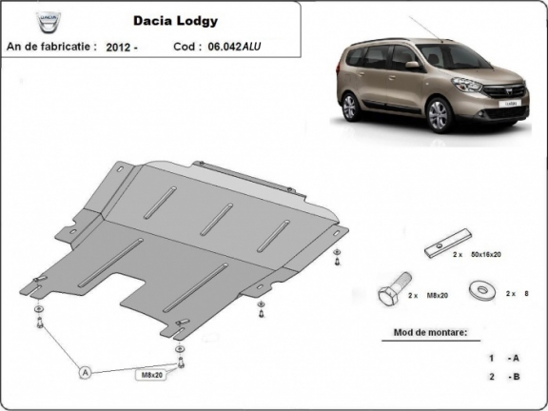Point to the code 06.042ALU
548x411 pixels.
[x=237, y=45]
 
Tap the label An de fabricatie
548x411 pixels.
[x=52, y=45]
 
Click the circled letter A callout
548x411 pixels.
[x=86, y=372]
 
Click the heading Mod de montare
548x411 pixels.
[x=430, y=333]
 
